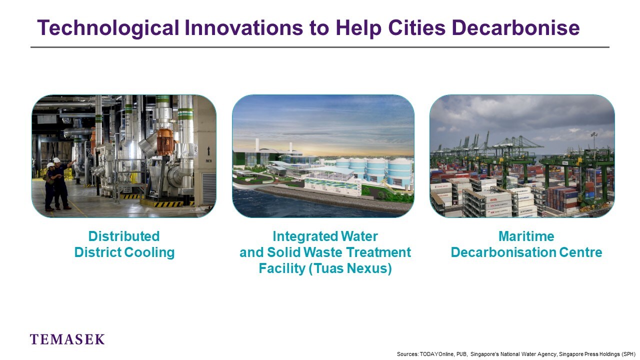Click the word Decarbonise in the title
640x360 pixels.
click(515, 27)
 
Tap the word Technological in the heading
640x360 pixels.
click(108, 28)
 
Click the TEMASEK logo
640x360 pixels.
click(67, 339)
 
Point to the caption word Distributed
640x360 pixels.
click(124, 236)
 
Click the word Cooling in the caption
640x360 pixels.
click(149, 252)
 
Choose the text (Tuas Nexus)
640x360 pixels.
click(350, 268)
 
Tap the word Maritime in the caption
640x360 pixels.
click(526, 236)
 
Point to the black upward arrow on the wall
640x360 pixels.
click(208, 150)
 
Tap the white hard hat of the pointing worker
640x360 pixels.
click(56, 159)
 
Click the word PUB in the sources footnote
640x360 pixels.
click(461, 354)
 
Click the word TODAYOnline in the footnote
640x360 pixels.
click(436, 354)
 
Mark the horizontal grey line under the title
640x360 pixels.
click(320, 47)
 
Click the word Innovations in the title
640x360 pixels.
click(243, 27)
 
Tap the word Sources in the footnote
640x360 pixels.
click(407, 354)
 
